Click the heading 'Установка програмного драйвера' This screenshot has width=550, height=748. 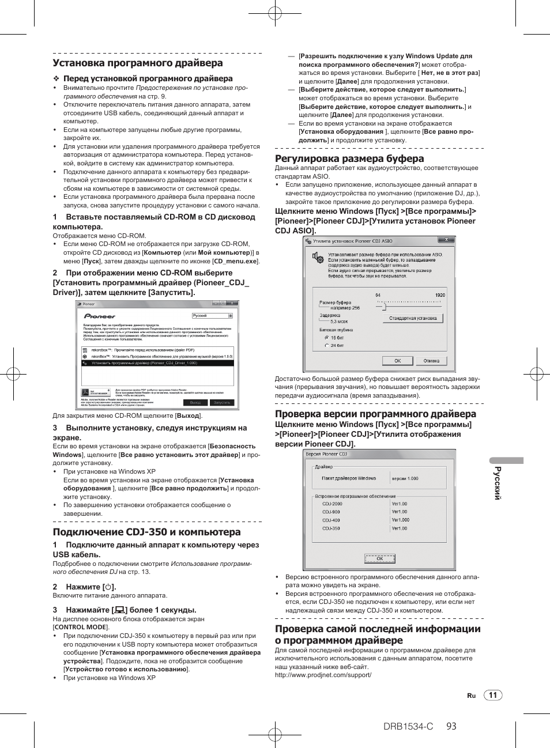click(137, 63)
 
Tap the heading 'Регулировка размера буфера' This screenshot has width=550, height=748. click(349, 158)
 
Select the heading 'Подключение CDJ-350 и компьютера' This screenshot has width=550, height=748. click(146, 532)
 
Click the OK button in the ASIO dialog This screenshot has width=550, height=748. click(397, 361)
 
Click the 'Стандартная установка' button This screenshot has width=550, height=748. click(413, 318)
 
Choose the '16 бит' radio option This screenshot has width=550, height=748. click(327, 338)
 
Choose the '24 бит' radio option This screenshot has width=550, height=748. click(327, 346)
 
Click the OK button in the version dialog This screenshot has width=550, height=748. click(379, 558)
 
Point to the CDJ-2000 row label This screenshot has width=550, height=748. click(332, 504)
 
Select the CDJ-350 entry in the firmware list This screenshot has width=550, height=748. click(331, 528)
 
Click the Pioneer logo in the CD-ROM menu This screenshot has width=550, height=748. click(100, 316)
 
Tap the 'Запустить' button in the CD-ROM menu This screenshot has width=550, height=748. click(222, 403)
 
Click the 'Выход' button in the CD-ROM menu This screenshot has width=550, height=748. click(195, 403)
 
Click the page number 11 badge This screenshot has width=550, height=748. click(493, 695)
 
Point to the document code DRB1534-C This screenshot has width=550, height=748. click(408, 727)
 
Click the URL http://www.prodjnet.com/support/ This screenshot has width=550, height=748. click(323, 675)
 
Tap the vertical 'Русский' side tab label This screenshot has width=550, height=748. click(498, 483)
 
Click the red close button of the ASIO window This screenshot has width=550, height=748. click(446, 240)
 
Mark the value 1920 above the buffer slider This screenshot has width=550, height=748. click(440, 295)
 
